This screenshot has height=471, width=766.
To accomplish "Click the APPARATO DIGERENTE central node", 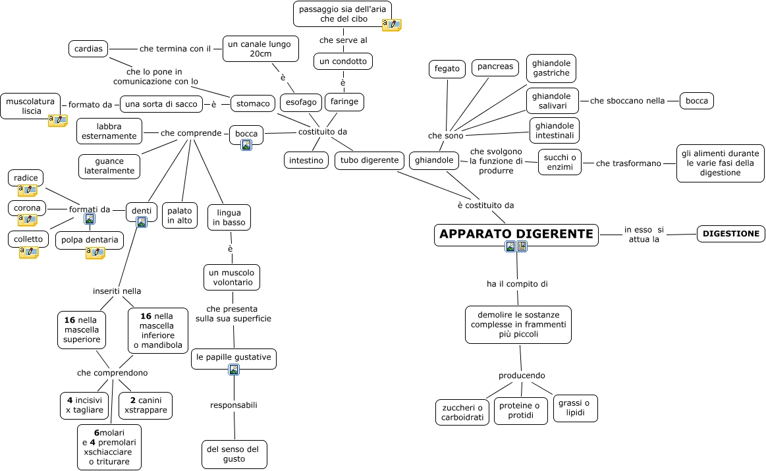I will (x=516, y=235).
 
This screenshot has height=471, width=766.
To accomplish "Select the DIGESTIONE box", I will (x=731, y=233).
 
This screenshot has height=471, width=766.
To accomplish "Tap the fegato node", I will (x=447, y=69).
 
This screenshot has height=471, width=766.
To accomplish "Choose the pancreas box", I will (x=495, y=67).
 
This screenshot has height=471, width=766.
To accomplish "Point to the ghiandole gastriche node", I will (x=551, y=69).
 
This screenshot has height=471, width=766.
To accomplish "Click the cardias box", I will (x=88, y=49).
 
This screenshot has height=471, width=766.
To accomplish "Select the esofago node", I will (x=301, y=102).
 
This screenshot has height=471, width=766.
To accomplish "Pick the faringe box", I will (x=344, y=102).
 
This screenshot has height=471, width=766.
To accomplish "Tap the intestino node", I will (x=306, y=160).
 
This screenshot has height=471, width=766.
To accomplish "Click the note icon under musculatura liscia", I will (x=57, y=121).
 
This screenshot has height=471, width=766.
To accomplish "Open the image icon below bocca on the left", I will (x=246, y=145).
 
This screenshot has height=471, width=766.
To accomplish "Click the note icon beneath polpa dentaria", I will (x=95, y=253).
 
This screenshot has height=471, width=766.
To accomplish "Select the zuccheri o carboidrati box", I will (x=462, y=412).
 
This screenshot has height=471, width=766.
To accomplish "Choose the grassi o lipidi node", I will (x=575, y=408).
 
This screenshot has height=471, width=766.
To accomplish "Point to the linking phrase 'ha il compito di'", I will (x=517, y=284).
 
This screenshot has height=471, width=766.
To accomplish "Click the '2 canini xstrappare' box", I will (x=146, y=405).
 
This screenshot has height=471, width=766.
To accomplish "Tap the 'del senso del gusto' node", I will (x=234, y=454).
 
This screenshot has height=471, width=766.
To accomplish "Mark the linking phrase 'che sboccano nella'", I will (x=627, y=101).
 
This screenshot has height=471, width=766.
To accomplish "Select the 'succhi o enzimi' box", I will (x=560, y=162).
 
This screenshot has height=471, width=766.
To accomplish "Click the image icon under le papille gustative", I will (x=233, y=370).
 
